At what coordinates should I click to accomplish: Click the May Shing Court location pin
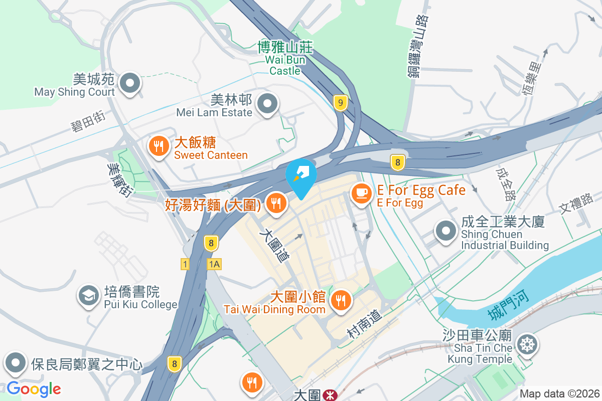(130, 83)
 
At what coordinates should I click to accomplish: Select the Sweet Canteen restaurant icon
(159, 146)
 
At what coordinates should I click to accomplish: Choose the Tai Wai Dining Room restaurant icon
(341, 300)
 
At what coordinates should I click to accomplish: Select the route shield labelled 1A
(214, 264)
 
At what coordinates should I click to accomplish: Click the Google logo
(34, 388)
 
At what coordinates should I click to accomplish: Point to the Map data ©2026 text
(559, 393)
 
